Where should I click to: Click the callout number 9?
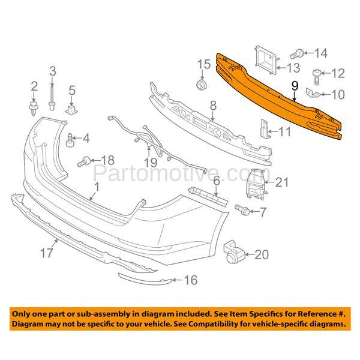(x=295, y=86)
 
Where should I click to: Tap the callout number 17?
(x=47, y=253)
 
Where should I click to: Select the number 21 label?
(x=282, y=182)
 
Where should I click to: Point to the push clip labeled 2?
(x=34, y=108)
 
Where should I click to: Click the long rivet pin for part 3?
(x=52, y=98)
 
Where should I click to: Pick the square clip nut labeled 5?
(x=71, y=110)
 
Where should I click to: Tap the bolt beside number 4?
(x=70, y=140)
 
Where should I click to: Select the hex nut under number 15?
(x=202, y=85)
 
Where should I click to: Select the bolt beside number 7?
(x=242, y=209)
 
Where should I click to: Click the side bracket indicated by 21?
(x=255, y=184)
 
